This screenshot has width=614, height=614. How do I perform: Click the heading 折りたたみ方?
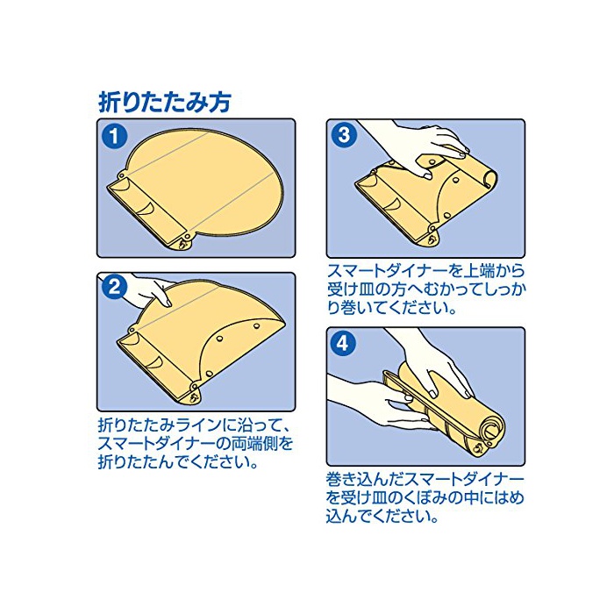click(x=164, y=103)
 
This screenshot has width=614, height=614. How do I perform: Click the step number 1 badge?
click(x=113, y=137)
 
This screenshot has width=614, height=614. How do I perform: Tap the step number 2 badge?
click(x=113, y=289)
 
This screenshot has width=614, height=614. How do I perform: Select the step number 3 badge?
click(x=344, y=135)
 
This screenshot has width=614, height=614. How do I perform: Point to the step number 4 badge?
click(x=343, y=344)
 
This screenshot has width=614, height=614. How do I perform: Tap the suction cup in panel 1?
click(x=182, y=245)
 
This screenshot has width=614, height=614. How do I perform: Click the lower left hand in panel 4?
click(x=372, y=403)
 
